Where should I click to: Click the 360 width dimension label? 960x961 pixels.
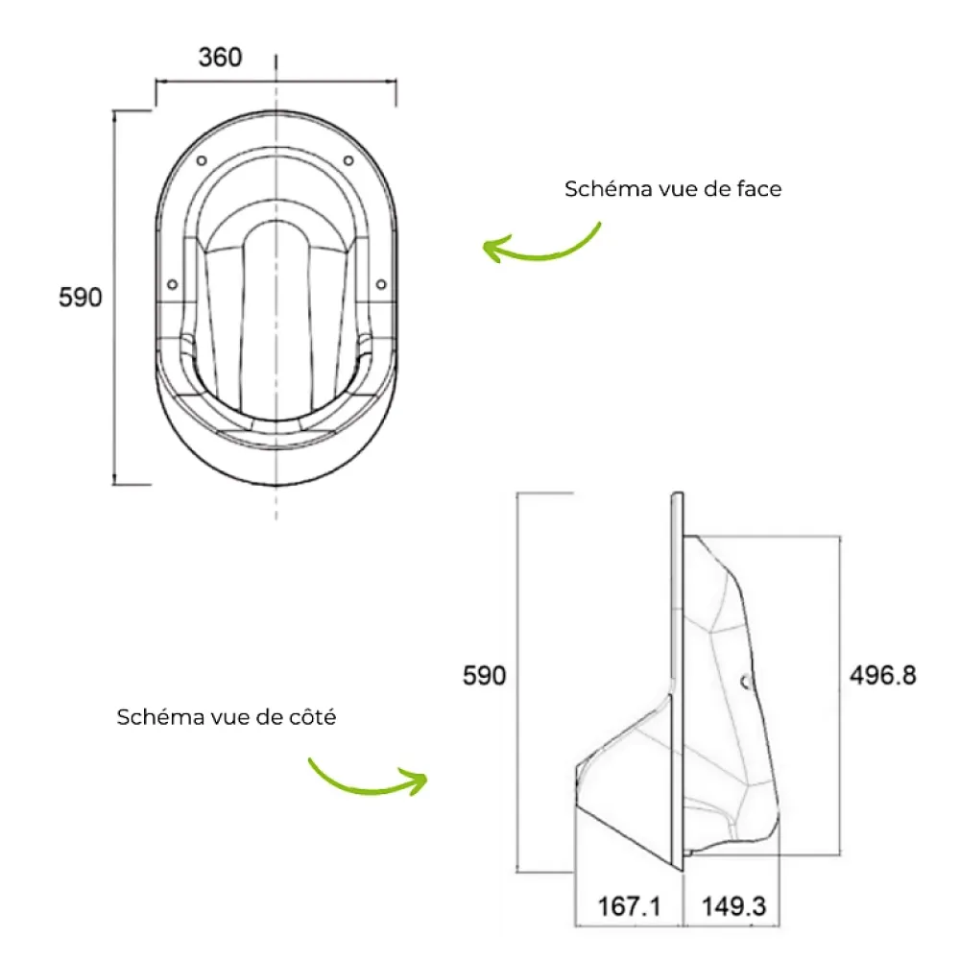point(220,57)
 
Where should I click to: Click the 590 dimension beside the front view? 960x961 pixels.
point(81,298)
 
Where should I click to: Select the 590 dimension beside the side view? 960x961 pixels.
point(484,676)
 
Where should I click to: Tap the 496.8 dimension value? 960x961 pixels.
point(883,676)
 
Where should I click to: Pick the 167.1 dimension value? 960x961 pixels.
point(629,906)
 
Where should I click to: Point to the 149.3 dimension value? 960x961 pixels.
point(733,906)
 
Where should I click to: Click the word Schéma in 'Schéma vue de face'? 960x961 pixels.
point(608,189)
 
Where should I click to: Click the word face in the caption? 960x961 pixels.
point(759,189)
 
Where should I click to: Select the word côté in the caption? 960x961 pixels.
point(313,717)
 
